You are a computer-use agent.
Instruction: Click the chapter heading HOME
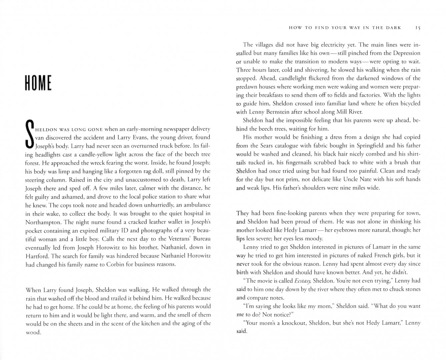[x=38, y=83]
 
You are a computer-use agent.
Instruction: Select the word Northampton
[x=43, y=222]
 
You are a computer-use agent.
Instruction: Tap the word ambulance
[x=196, y=205]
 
